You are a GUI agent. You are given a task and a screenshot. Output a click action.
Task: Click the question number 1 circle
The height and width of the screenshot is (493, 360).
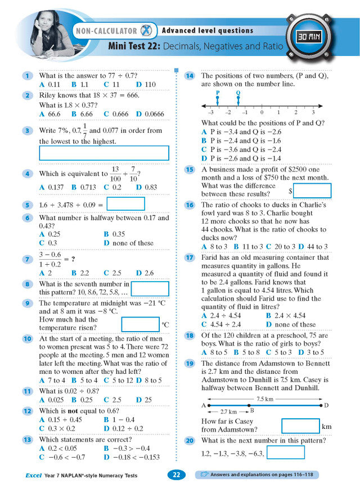[x=27, y=76]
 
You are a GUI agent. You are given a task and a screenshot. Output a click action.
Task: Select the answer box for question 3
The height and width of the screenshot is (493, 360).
[x=104, y=153]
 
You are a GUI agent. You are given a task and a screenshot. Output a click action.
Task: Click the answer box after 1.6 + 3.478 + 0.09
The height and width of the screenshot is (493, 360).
[x=125, y=204]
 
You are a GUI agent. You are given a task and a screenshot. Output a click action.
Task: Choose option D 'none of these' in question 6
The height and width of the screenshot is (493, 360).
[x=129, y=243]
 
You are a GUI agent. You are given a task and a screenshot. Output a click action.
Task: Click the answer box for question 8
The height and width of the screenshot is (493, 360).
[x=150, y=289]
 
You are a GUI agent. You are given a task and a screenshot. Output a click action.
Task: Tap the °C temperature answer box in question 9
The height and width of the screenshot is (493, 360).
[x=140, y=324]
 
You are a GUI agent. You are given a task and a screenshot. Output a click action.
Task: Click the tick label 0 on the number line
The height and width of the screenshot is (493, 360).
[x=262, y=113]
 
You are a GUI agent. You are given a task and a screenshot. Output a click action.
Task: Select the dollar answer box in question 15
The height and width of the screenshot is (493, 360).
[x=312, y=191]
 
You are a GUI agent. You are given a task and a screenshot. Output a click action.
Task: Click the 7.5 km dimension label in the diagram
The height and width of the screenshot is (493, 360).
[x=264, y=399]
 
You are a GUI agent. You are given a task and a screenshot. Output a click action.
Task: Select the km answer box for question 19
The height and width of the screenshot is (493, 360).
[x=300, y=426]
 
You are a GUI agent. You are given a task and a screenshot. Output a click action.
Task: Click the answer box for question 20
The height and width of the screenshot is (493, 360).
[x=285, y=453]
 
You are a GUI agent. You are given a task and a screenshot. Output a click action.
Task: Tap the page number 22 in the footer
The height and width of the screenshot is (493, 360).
[x=176, y=475]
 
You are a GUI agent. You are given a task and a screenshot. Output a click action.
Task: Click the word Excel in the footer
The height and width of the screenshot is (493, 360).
[x=33, y=476]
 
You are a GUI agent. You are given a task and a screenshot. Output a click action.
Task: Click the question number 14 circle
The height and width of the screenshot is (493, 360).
[x=190, y=75]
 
